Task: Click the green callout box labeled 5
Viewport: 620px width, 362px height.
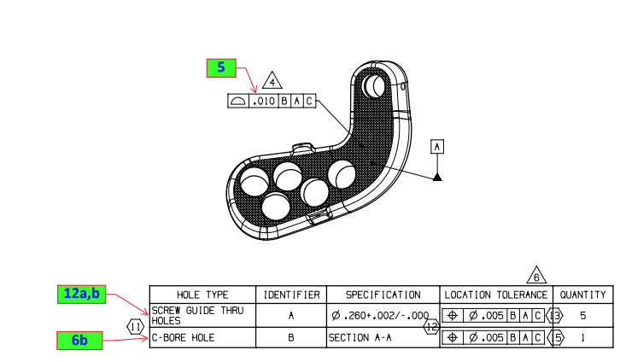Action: pyautogui.click(x=220, y=68)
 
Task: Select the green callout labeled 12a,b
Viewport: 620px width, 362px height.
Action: pyautogui.click(x=81, y=295)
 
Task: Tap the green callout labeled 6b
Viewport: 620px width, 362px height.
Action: pyautogui.click(x=79, y=340)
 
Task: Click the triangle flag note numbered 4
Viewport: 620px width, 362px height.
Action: pyautogui.click(x=272, y=82)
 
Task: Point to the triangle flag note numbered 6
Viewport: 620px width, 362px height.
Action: pyautogui.click(x=536, y=277)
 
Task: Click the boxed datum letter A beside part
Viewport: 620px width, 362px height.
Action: pyautogui.click(x=437, y=146)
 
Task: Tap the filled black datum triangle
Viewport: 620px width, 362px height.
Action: pyautogui.click(x=437, y=177)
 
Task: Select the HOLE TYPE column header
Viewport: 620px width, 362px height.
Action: pyautogui.click(x=202, y=295)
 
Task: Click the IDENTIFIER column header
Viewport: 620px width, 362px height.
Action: pyautogui.click(x=290, y=295)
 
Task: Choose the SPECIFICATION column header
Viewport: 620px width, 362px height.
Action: pyautogui.click(x=383, y=295)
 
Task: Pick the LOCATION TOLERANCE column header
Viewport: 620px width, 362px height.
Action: pyautogui.click(x=495, y=295)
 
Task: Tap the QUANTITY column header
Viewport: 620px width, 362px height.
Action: pyautogui.click(x=582, y=295)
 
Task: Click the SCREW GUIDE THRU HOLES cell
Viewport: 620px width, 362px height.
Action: pyautogui.click(x=197, y=316)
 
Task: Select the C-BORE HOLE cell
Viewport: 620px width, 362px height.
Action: pyautogui.click(x=184, y=338)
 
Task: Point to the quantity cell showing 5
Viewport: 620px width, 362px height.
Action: pyautogui.click(x=582, y=316)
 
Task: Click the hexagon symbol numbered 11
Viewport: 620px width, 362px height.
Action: pyautogui.click(x=136, y=326)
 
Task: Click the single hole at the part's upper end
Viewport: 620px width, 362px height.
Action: pyautogui.click(x=374, y=85)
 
